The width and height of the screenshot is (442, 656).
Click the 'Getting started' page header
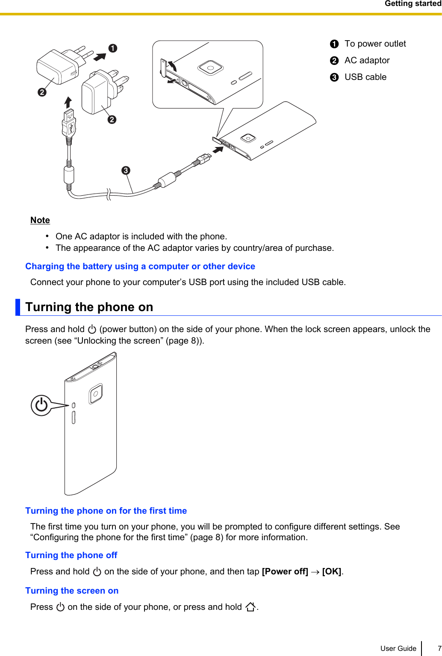[413, 4]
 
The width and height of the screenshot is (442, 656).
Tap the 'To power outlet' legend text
[375, 44]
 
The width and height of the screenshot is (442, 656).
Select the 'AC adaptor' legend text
[367, 60]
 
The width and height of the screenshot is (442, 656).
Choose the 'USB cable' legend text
[365, 77]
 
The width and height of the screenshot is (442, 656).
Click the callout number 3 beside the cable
[126, 171]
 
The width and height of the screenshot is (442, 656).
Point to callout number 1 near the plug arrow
[113, 48]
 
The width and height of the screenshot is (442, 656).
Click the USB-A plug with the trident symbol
[69, 124]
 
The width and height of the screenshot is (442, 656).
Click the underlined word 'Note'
[40, 220]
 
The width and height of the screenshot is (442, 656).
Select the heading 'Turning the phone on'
[89, 307]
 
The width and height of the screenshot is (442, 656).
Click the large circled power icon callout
[41, 405]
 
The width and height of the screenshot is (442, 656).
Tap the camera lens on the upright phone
[96, 394]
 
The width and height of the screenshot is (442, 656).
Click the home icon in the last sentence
[250, 607]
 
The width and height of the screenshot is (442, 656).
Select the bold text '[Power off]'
[285, 571]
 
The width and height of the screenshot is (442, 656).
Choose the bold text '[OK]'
[332, 571]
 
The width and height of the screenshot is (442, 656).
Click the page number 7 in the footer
[439, 648]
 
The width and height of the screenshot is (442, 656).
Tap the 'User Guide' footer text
[398, 648]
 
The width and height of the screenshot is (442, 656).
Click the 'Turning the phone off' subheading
[71, 555]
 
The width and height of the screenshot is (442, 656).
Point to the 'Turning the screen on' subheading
[72, 591]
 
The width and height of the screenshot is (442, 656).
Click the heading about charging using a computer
[140, 266]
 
